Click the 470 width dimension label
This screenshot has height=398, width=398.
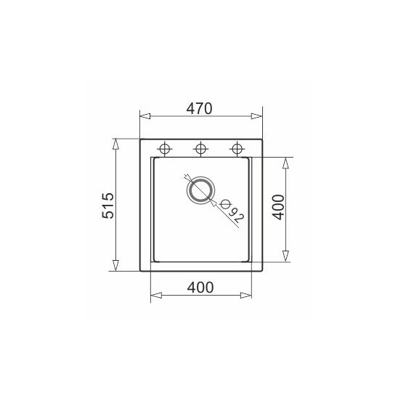[x=199, y=109]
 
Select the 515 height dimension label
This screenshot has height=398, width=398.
[x=108, y=206]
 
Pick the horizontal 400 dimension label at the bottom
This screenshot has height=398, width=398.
[x=200, y=288]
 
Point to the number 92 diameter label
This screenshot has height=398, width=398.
[x=236, y=216]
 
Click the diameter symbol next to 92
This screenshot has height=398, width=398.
[x=225, y=204]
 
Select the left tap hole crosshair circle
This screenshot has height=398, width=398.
[x=164, y=148]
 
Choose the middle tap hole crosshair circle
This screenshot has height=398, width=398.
[x=200, y=148]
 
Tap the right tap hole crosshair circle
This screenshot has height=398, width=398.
[x=237, y=148]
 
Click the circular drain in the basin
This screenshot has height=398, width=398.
[x=200, y=190]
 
